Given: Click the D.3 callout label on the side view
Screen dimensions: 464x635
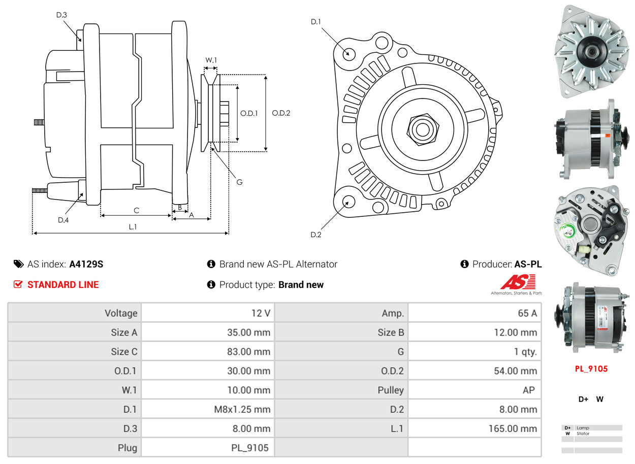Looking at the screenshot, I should [x=61, y=15].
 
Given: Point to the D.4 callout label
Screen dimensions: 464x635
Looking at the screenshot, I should [x=63, y=220].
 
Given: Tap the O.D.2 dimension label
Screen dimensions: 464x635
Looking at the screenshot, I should [x=281, y=113].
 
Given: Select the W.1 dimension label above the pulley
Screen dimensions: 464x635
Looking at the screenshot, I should [x=211, y=60].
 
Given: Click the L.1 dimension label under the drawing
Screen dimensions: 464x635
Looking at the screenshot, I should [x=132, y=227].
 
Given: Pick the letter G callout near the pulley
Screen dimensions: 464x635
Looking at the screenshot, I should [x=240, y=181].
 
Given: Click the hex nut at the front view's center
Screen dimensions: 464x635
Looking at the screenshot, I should [x=421, y=128].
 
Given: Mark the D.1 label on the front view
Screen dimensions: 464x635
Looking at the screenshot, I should [x=316, y=21].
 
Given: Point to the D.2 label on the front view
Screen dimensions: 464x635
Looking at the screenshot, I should [x=316, y=235].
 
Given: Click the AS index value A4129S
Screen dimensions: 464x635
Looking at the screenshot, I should [x=86, y=264].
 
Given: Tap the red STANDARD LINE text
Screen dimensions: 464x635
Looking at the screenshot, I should [x=63, y=285].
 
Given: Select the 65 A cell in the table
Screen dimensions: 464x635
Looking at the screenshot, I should [x=527, y=313].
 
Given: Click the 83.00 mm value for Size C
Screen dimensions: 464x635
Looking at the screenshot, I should [x=248, y=352].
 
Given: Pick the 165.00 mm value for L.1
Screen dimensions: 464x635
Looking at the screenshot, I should [x=513, y=429].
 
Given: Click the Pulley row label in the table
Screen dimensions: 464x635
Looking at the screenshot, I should [x=391, y=390].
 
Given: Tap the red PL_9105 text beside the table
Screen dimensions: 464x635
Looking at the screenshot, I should [x=591, y=369].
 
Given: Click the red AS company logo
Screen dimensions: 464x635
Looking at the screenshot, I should [x=518, y=282].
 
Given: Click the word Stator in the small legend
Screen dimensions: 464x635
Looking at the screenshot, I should [x=583, y=434].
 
